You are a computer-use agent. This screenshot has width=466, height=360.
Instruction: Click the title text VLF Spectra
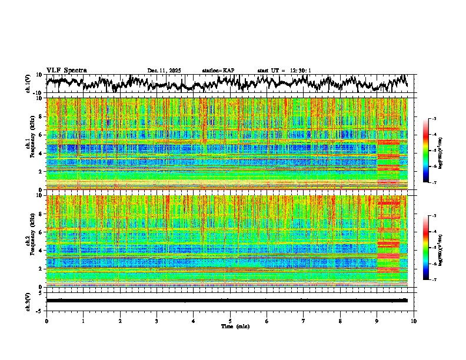click(x=66, y=70)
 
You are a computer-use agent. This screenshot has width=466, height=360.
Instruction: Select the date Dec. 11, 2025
click(x=164, y=71)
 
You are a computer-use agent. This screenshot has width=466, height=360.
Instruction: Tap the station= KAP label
click(x=218, y=71)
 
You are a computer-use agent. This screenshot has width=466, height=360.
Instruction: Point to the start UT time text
click(x=284, y=71)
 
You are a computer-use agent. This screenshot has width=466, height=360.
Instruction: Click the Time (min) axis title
click(x=230, y=326)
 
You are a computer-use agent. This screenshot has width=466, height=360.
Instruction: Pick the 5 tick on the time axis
click(x=230, y=320)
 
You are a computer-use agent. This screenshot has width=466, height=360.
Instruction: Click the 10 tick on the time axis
click(x=414, y=320)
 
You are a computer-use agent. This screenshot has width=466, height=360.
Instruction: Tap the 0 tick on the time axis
click(x=46, y=320)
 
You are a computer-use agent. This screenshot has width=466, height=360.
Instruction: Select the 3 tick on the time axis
click(x=157, y=320)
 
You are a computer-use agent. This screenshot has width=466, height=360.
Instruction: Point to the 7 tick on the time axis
click(x=304, y=320)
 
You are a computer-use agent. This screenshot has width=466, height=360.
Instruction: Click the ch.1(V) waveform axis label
click(x=29, y=84)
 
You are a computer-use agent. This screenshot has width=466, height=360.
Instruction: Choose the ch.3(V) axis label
click(x=29, y=301)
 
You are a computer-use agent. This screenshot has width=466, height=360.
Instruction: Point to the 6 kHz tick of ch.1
click(x=41, y=135)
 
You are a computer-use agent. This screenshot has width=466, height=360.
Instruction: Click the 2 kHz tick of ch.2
click(x=41, y=268)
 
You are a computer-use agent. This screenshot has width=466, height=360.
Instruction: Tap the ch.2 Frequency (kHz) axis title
click(x=29, y=241)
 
